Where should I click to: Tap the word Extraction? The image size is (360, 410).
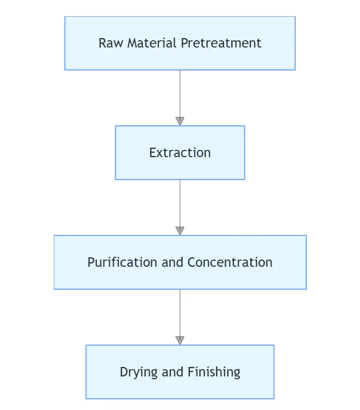(180, 153)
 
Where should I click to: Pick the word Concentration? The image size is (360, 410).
(230, 262)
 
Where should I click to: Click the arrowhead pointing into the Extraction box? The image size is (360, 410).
(180, 121)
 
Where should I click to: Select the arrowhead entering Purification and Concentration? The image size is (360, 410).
(180, 231)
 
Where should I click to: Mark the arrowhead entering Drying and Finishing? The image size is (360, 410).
(180, 341)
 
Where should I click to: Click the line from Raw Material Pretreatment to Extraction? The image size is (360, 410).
(180, 92)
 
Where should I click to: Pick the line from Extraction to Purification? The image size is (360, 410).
(180, 202)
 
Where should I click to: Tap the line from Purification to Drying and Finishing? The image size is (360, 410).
(180, 312)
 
